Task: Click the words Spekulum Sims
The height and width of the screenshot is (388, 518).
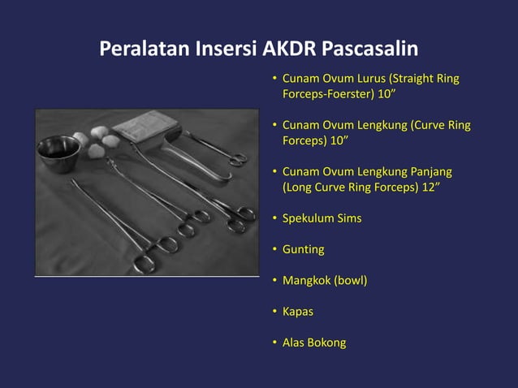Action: [322, 218]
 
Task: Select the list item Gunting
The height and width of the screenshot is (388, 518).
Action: [303, 249]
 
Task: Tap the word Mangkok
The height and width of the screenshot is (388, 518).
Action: [308, 281]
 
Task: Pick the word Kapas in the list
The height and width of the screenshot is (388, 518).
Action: [297, 312]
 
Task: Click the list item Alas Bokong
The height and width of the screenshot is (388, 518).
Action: [313, 343]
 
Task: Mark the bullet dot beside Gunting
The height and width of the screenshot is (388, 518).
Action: [274, 249]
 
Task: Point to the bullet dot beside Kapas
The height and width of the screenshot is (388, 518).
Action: [274, 312]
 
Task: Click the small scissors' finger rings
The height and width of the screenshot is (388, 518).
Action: [236, 158]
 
